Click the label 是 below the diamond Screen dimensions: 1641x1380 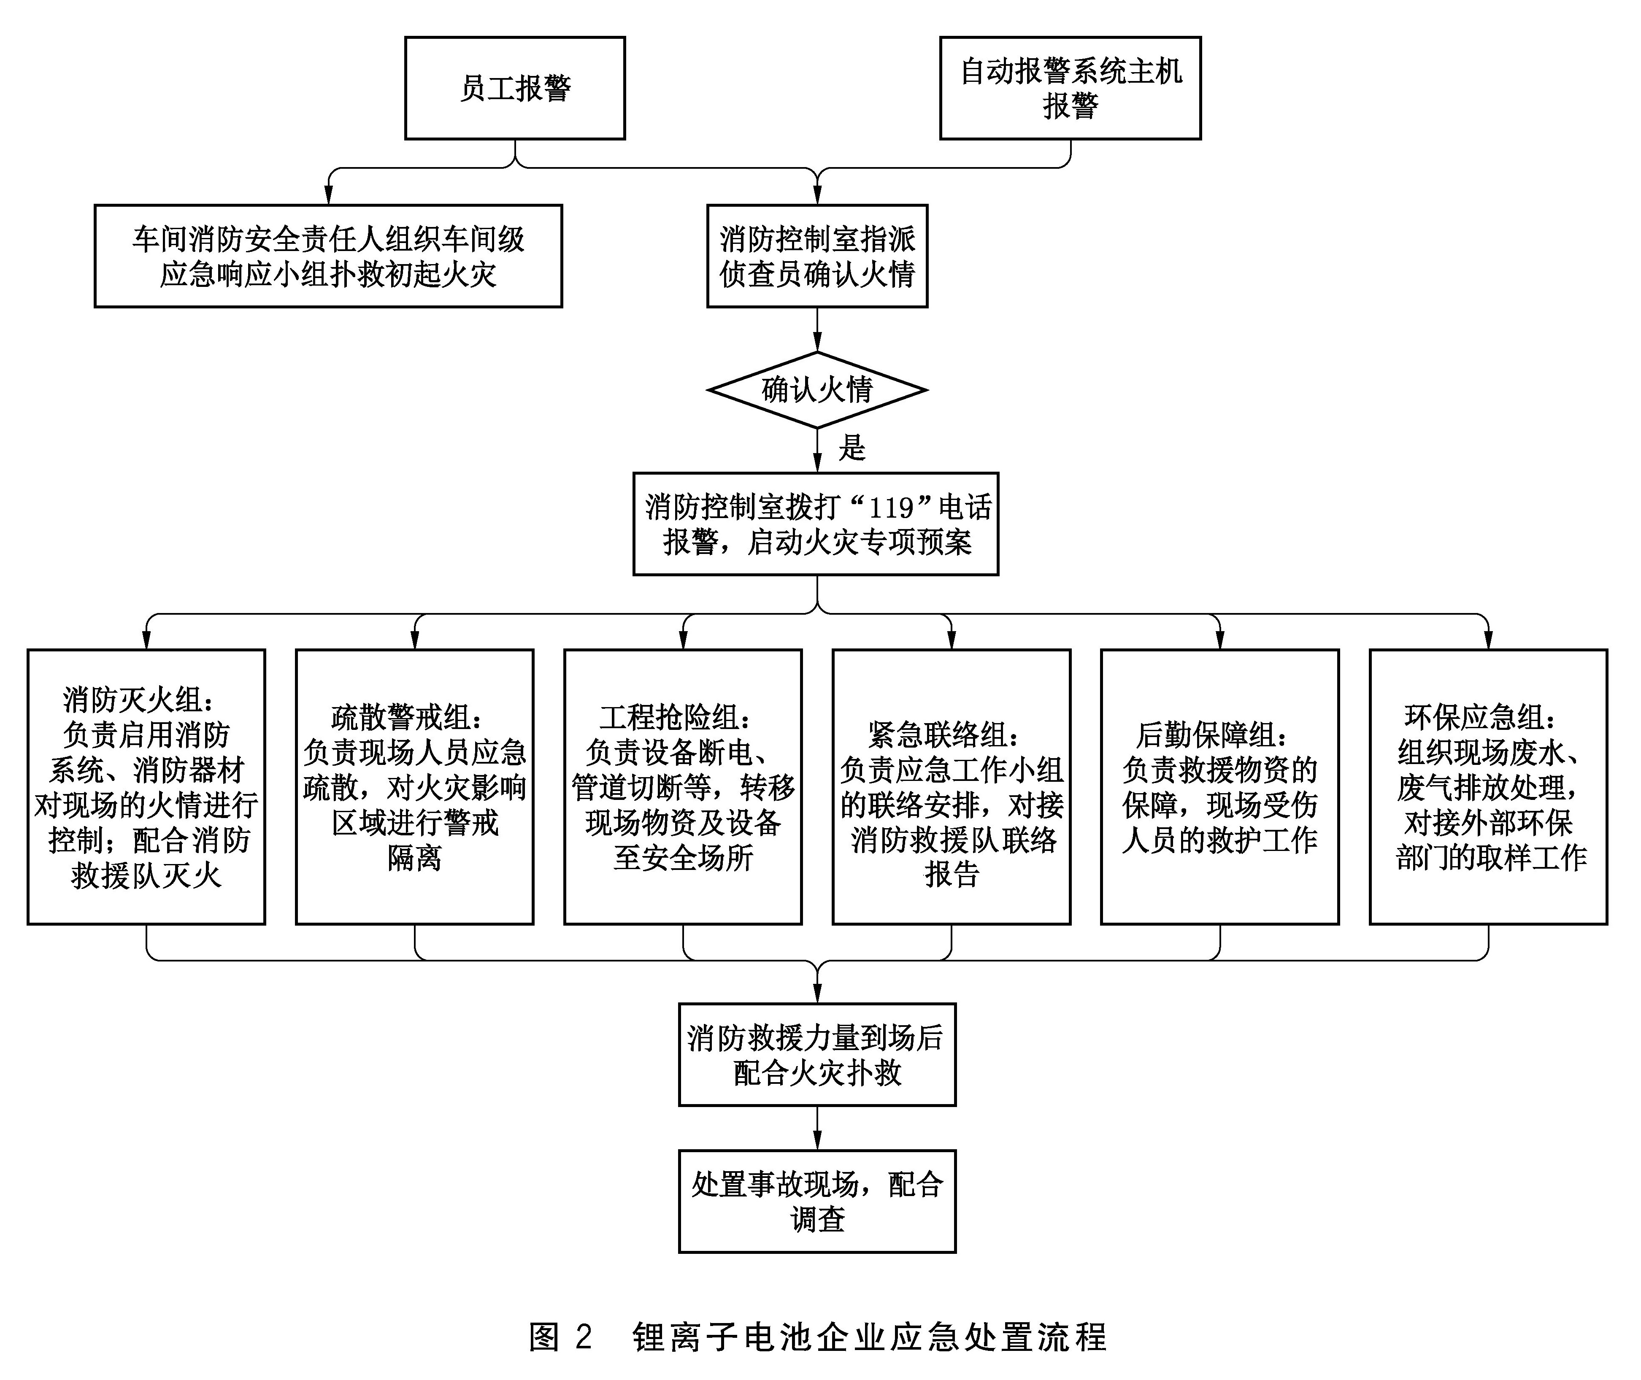[852, 448]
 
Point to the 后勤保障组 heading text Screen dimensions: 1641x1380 [1213, 735]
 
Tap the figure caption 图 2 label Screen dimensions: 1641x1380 [560, 1337]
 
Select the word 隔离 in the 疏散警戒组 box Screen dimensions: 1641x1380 [415, 857]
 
